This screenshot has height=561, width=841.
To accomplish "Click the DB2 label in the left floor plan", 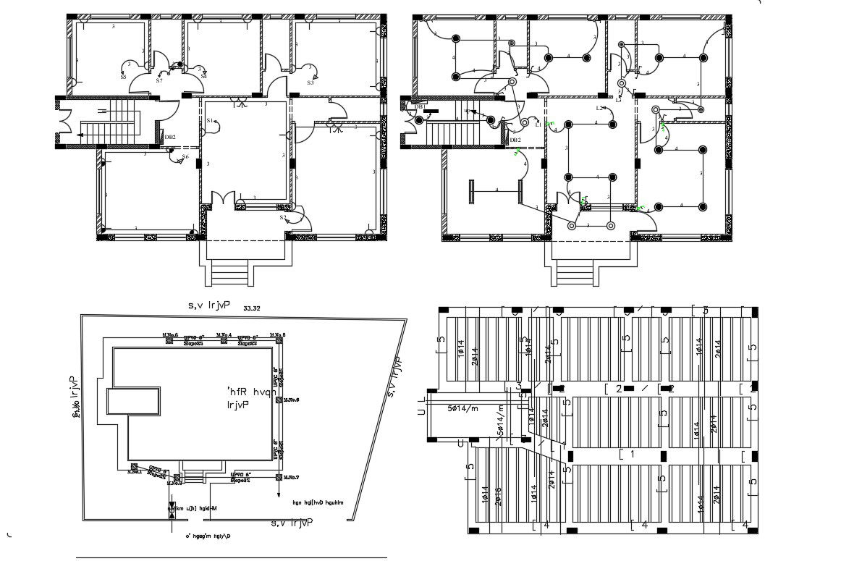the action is [170, 137].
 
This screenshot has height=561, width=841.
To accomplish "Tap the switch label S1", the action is [210, 120].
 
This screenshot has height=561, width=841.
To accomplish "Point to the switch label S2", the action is [283, 217].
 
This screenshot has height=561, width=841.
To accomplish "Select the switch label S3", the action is [310, 83].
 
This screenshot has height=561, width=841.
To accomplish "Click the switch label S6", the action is [185, 156].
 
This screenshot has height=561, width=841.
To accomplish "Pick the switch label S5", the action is [124, 76].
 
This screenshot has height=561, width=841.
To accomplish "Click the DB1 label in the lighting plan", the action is [420, 107].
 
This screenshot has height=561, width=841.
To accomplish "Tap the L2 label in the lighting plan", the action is [600, 108].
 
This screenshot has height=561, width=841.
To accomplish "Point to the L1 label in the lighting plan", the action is [538, 125].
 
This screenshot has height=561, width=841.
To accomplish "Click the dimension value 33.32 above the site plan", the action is [253, 308].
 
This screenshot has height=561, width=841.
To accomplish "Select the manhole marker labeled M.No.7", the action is [279, 476].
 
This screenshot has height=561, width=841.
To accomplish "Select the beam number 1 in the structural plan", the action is [631, 454].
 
